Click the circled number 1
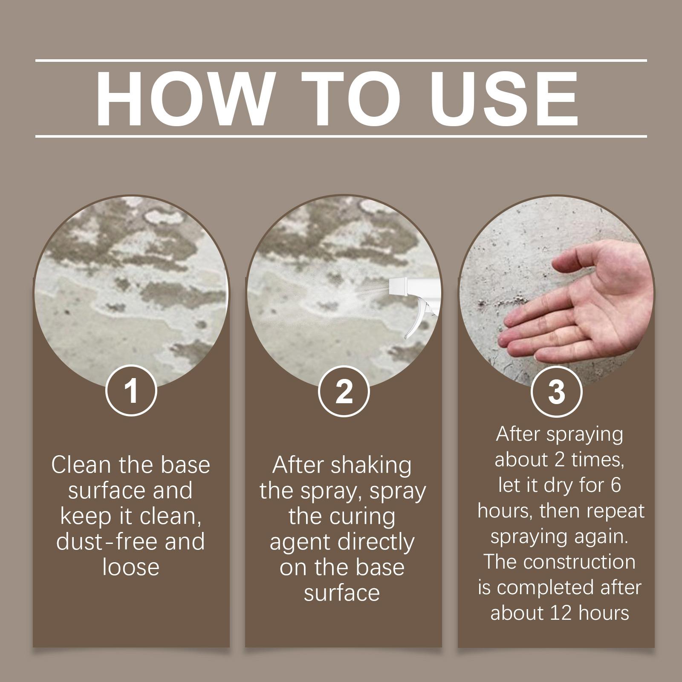tap(131, 391)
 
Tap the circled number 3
tap(557, 391)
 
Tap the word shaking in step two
tap(371, 465)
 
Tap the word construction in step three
tap(580, 562)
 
